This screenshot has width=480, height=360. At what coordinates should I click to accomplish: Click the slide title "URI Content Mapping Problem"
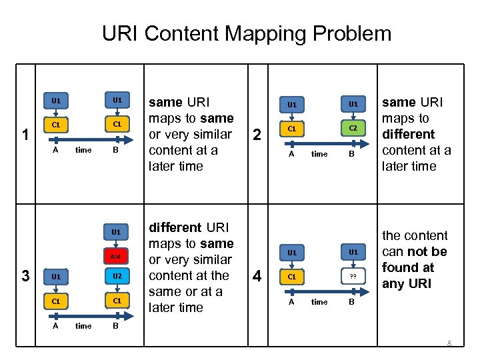tap(247, 33)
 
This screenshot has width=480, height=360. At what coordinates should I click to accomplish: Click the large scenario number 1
tap(25, 134)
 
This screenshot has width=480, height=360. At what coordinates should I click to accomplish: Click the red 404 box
tap(116, 255)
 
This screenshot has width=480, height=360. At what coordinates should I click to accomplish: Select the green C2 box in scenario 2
tap(354, 128)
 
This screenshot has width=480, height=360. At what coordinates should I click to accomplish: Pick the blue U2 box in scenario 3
tap(117, 276)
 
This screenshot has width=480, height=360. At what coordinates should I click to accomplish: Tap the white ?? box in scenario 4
tap(354, 277)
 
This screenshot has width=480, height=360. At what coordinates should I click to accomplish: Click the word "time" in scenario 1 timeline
tap(83, 151)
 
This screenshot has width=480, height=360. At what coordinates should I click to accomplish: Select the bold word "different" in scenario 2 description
tap(408, 134)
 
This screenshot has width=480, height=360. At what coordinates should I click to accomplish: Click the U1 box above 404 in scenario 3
tap(116, 232)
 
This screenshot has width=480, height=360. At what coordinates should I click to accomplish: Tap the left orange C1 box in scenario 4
tap(291, 277)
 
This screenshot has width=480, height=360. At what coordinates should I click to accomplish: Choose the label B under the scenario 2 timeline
tap(354, 154)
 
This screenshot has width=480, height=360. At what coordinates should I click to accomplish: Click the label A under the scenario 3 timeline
tap(55, 326)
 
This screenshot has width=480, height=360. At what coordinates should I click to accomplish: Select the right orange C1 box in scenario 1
tap(117, 124)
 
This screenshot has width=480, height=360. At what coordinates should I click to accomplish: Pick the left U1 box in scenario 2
tap(291, 104)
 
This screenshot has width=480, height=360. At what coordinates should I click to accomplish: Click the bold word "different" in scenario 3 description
tap(175, 227)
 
